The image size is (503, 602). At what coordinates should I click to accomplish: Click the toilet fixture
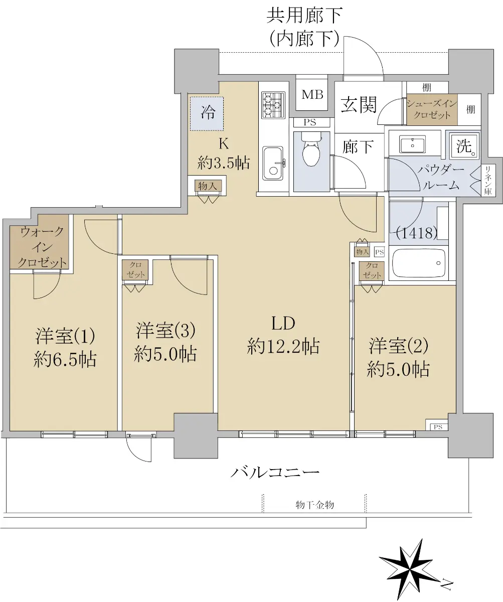(311, 149)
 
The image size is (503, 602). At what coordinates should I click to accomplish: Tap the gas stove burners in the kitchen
(273, 105)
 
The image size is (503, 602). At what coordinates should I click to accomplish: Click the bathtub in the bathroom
(419, 263)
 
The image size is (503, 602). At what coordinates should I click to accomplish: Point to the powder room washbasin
(412, 145)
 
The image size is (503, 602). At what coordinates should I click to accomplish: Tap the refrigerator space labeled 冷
(207, 113)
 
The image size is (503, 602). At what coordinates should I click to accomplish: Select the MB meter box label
(312, 94)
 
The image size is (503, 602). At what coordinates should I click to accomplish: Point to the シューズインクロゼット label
(432, 109)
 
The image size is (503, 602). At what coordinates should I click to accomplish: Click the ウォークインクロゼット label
(42, 247)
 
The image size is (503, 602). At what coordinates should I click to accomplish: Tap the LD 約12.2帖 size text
(283, 346)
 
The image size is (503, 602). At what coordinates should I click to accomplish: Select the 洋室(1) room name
(65, 336)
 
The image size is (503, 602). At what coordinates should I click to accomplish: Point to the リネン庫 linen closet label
(488, 180)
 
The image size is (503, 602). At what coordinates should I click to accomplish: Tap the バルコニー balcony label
(275, 473)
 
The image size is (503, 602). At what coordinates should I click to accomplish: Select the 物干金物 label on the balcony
(314, 505)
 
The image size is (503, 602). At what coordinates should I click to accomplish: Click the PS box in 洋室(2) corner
(438, 427)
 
